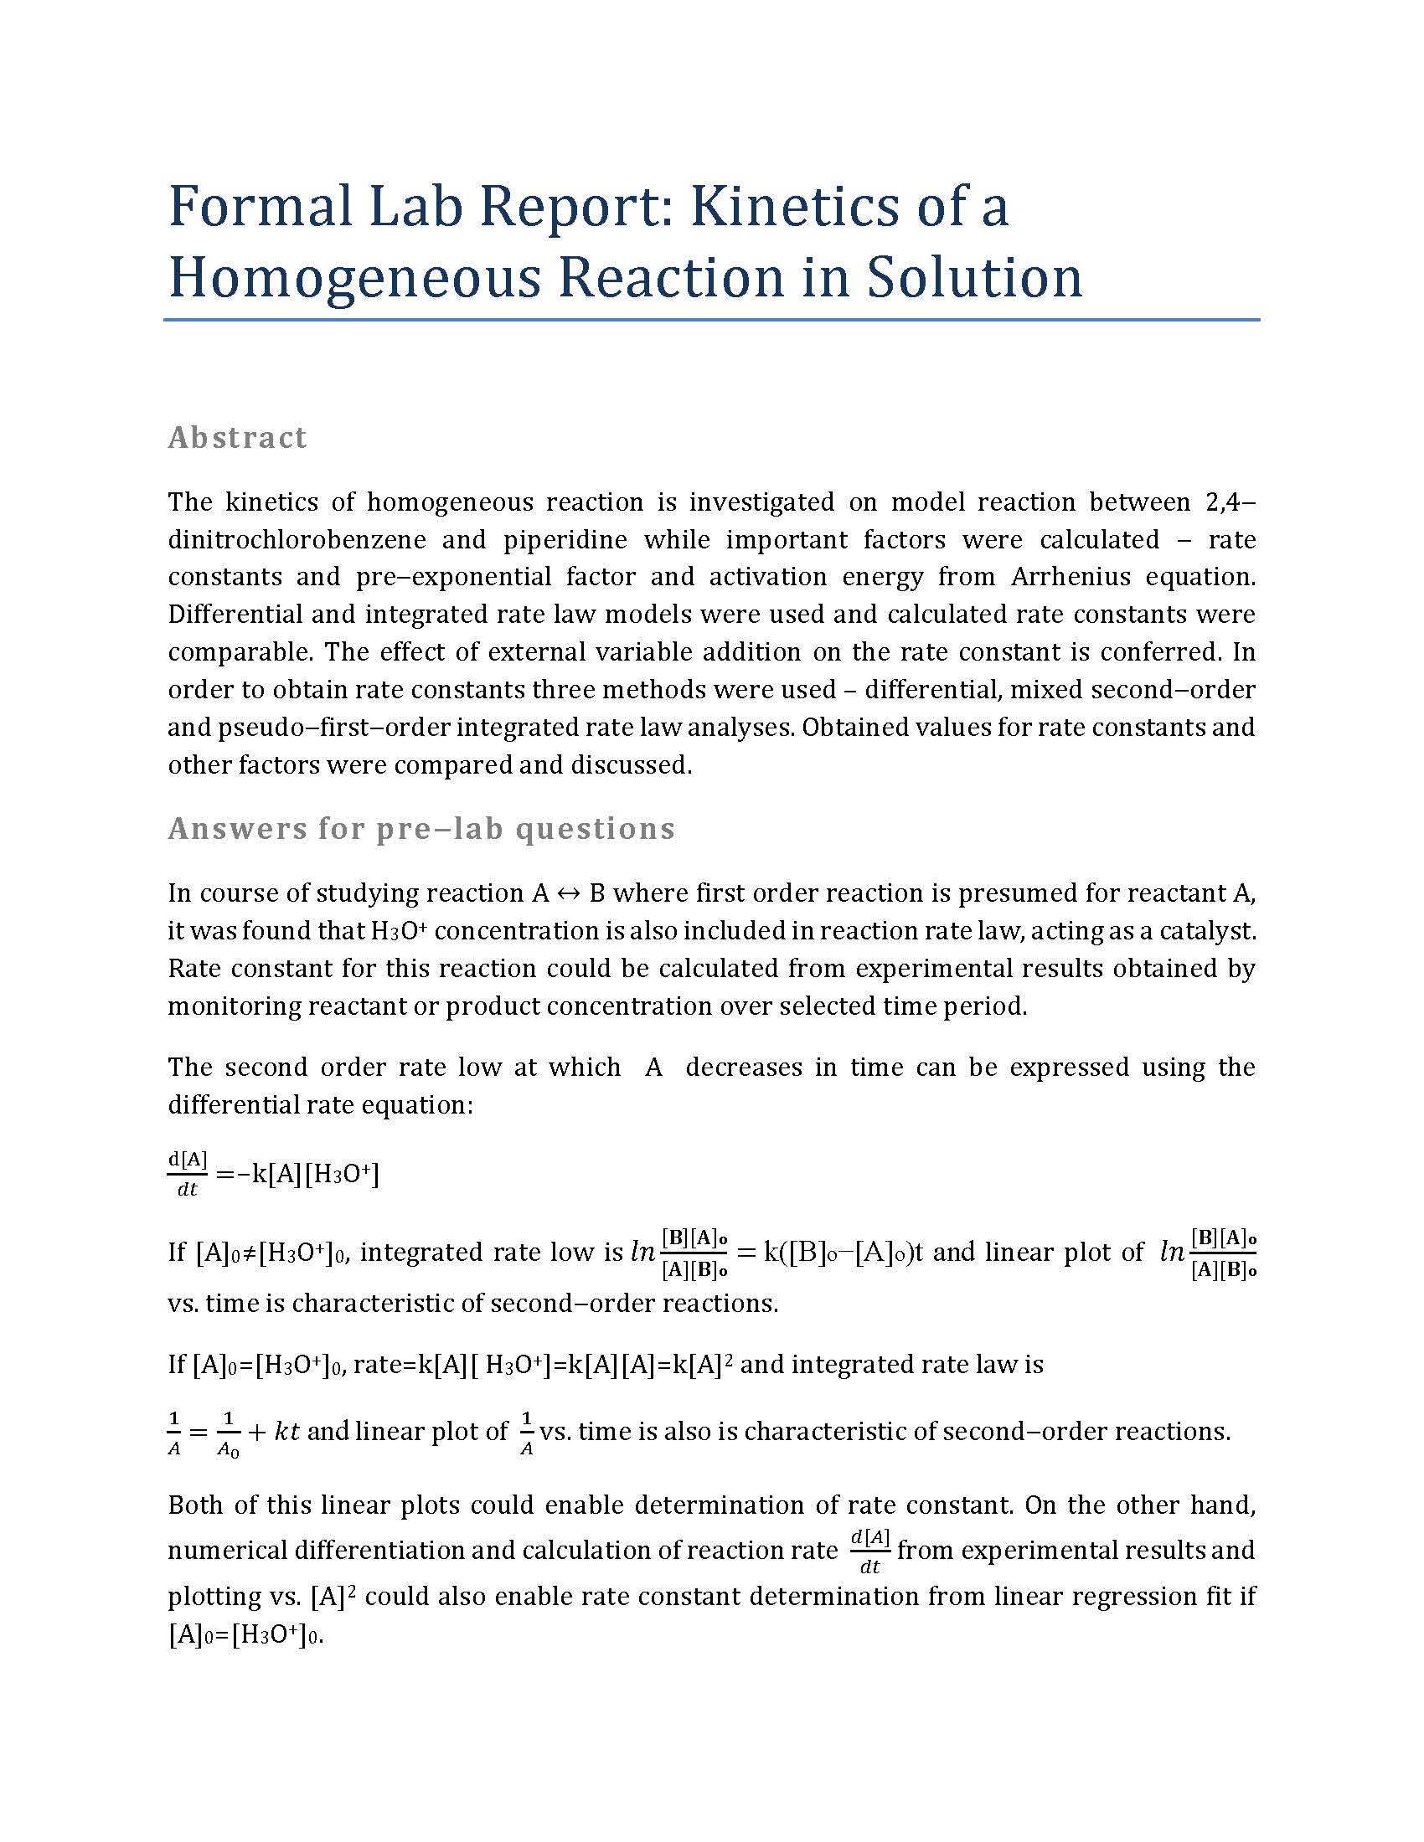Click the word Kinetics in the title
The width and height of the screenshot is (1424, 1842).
783,206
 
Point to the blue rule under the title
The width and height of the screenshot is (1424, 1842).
711,321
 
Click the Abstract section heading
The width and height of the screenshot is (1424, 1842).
237,438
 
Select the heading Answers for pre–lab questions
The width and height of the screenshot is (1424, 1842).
421,829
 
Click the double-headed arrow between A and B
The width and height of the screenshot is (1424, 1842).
570,893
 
